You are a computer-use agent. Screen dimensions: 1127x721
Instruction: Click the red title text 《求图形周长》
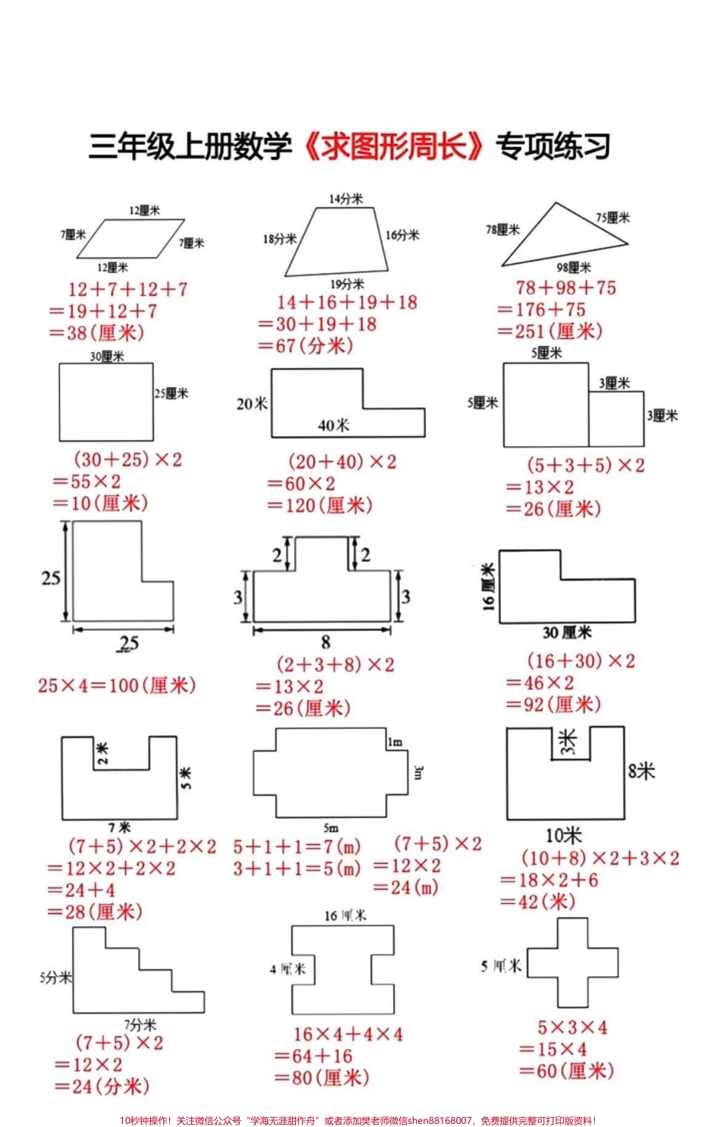[393, 146]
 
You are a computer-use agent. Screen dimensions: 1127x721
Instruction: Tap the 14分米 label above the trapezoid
[345, 199]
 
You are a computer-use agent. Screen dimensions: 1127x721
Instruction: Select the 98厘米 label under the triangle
[573, 267]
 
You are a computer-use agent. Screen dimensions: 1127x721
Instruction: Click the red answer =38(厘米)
[96, 332]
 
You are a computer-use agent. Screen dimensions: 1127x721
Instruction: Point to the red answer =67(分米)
[305, 346]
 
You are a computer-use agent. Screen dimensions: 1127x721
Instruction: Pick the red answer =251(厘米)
[550, 331]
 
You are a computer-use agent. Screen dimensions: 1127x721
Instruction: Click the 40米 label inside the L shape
[333, 425]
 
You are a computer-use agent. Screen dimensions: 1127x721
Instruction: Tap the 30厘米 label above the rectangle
[107, 356]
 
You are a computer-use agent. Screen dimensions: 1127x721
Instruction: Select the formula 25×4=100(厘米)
[117, 686]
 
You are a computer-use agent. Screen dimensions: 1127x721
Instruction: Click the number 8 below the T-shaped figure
[325, 642]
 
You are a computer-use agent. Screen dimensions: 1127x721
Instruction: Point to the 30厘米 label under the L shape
[567, 633]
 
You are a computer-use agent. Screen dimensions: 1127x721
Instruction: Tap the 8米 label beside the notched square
[641, 771]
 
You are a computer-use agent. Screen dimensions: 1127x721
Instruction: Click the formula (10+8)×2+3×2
[600, 859]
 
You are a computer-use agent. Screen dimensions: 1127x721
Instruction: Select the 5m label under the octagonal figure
[331, 827]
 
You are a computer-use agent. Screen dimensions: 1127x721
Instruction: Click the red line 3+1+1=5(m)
[297, 868]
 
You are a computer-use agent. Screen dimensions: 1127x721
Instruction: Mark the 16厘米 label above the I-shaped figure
[345, 915]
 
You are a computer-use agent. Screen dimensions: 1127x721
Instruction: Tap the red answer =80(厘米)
[322, 1078]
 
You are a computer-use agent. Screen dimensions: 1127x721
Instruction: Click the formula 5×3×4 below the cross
[572, 1028]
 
